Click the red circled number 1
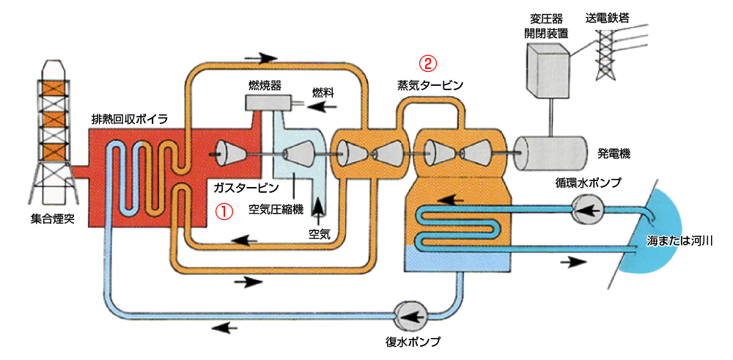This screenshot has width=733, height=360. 223,210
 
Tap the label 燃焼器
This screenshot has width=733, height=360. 265,85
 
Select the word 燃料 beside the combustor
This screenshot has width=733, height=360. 323,92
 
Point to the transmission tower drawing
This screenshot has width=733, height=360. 607,45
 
